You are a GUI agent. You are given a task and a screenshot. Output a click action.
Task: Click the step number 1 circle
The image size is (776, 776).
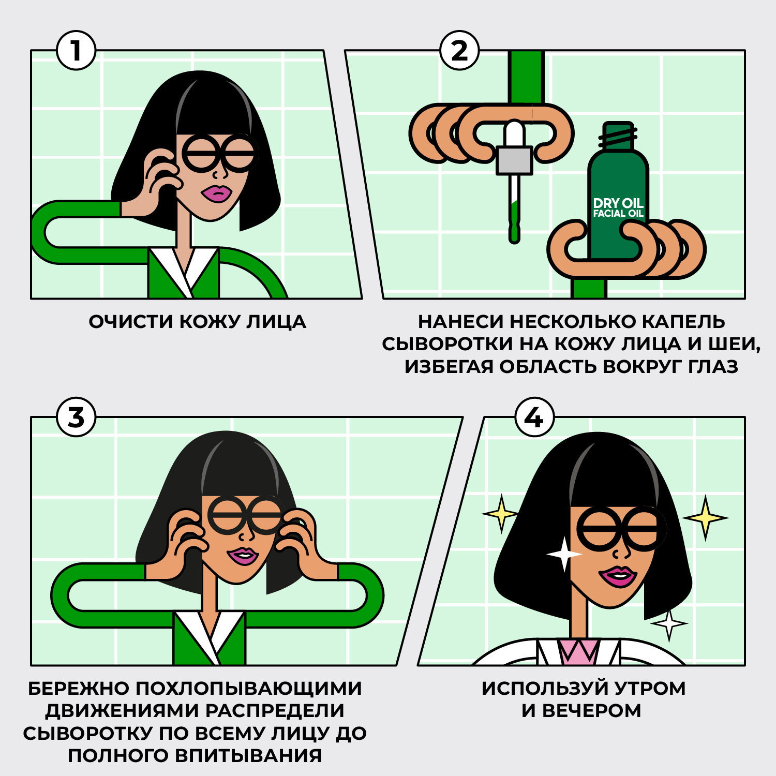point(76,51)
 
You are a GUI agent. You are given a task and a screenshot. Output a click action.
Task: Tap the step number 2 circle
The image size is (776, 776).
point(459,51)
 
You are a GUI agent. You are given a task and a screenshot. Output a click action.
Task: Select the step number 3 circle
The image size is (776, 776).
point(76,417)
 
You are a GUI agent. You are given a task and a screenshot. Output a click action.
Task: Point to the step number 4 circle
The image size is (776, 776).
point(534,417)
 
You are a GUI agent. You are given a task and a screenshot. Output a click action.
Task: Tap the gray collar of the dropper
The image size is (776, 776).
point(514,160)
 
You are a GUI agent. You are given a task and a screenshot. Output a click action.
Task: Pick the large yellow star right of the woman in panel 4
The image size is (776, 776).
point(705,517)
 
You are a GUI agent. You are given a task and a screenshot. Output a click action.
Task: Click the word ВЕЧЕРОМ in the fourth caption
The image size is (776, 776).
point(591,711)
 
